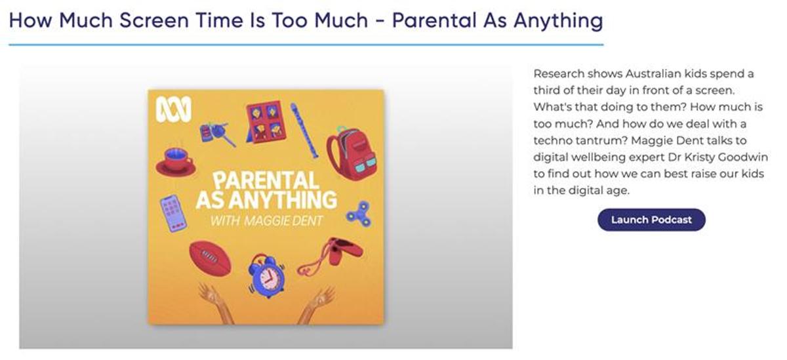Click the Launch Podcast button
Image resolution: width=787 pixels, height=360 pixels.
pyautogui.click(x=651, y=220)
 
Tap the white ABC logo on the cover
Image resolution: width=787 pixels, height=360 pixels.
pyautogui.click(x=174, y=110)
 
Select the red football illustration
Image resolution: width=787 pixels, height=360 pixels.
pyautogui.click(x=211, y=258)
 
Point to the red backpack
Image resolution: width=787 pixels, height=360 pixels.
pyautogui.click(x=352, y=153)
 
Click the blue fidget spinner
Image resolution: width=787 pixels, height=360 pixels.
pyautogui.click(x=359, y=214)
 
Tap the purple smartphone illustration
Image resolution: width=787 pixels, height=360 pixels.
pyautogui.click(x=173, y=213)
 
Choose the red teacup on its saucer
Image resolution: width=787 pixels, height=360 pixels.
pyautogui.click(x=176, y=162)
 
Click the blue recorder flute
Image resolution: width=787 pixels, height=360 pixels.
pyautogui.click(x=304, y=130)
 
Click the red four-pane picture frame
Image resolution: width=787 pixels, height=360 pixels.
pyautogui.click(x=266, y=122)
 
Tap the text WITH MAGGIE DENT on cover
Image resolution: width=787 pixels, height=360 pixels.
pyautogui.click(x=266, y=221)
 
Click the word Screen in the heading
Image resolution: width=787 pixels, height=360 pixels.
pyautogui.click(x=154, y=20)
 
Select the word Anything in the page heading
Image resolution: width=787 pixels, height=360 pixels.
pyautogui.click(x=558, y=21)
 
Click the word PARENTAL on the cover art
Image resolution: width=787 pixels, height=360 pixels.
pyautogui.click(x=266, y=180)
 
